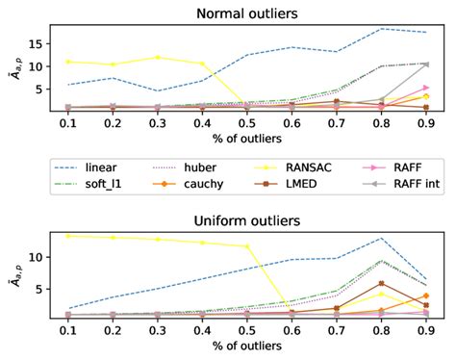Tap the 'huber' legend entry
[213, 165]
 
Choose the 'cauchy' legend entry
[215, 183]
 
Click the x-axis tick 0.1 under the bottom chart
[66, 331]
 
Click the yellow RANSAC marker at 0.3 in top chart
[157, 58]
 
